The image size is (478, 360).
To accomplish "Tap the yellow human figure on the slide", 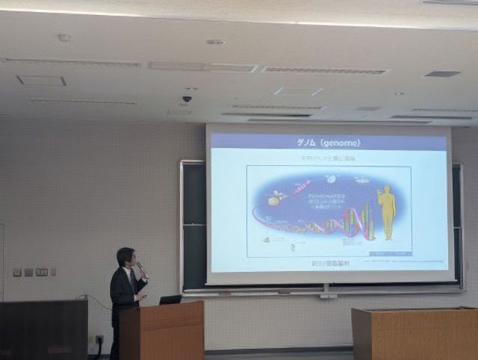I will [x=387, y=212].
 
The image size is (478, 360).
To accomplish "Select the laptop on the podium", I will [x=170, y=300].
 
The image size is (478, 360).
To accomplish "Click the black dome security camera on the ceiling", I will [x=187, y=99].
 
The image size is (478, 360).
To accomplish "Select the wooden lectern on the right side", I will [x=414, y=333].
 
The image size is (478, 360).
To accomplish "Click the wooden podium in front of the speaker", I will [x=161, y=330].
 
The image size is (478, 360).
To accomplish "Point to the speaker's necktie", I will [x=132, y=281].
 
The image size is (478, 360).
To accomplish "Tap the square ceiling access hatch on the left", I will [x=41, y=81].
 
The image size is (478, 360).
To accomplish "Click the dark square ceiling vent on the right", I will [x=441, y=74].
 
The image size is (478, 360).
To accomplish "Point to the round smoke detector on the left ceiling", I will [x=64, y=37].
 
